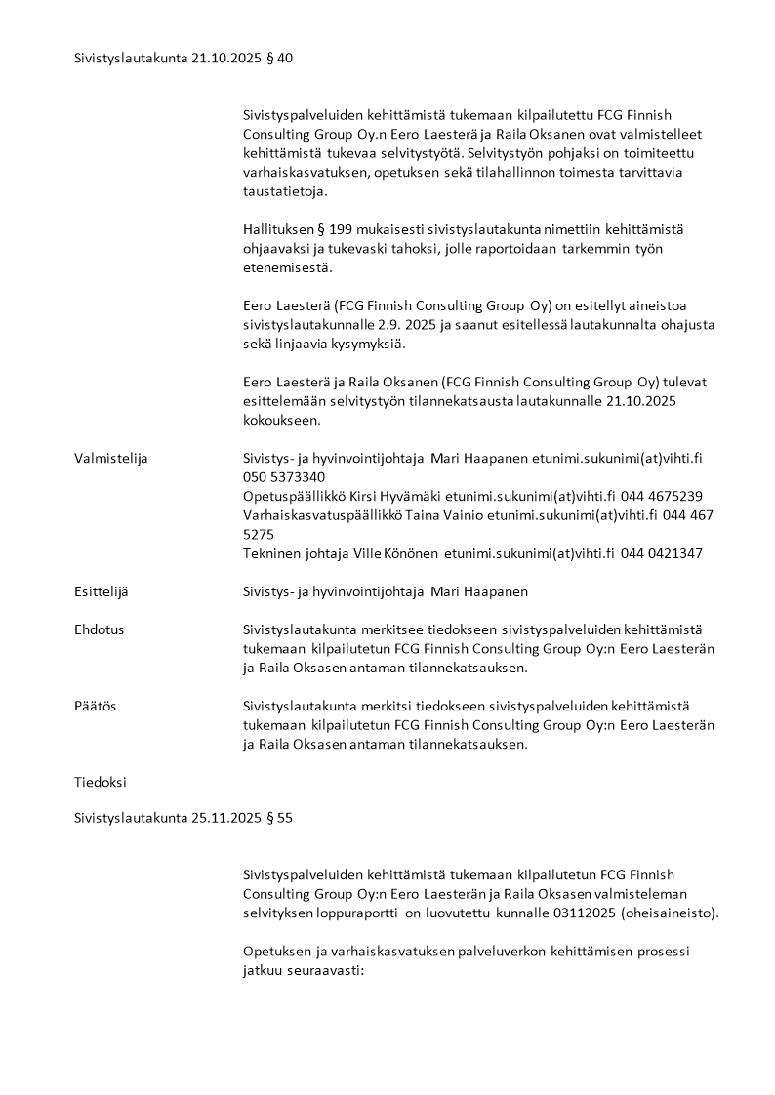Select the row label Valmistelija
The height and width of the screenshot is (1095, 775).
pos(111,458)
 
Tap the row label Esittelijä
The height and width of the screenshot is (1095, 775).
pos(102,590)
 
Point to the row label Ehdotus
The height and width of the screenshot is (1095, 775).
pos(100,629)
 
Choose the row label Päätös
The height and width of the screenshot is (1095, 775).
pos(96,705)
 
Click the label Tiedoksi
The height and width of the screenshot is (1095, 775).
pos(101,782)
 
